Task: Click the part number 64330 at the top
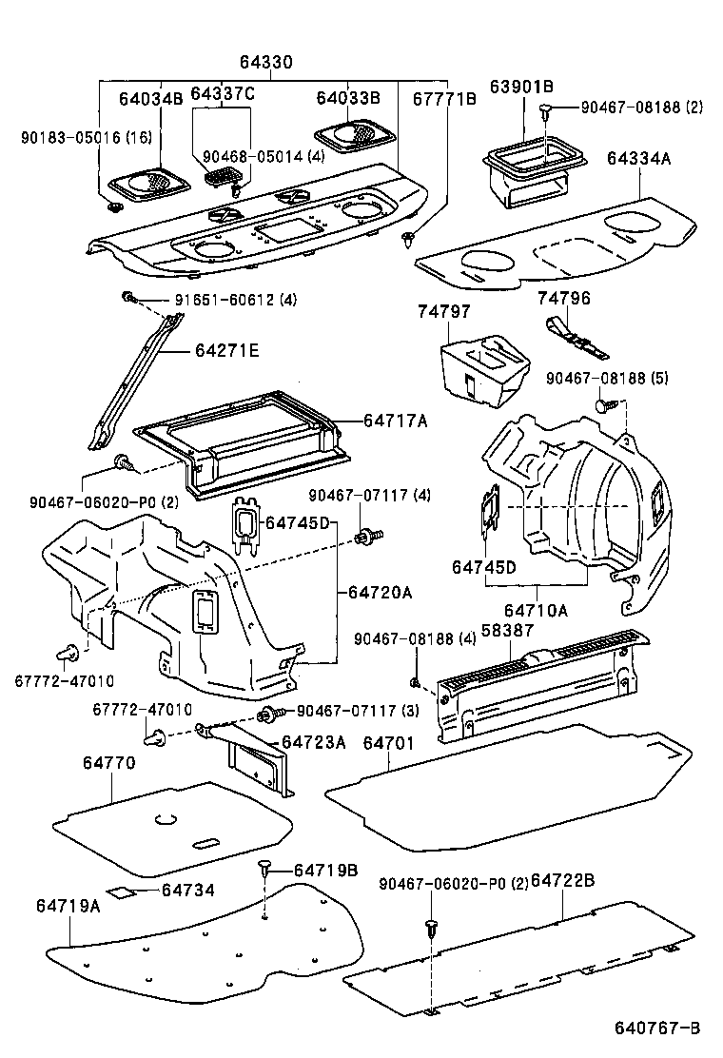pos(265,62)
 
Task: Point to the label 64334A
pos(638,159)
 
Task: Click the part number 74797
pos(443,311)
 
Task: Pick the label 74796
pos(564,298)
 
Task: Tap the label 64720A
pos(380,592)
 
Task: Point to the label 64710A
pos(535,610)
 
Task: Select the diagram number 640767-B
pos(656,1029)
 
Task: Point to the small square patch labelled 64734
pos(120,892)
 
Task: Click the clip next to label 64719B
pos(265,867)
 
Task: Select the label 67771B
pos(444,97)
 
